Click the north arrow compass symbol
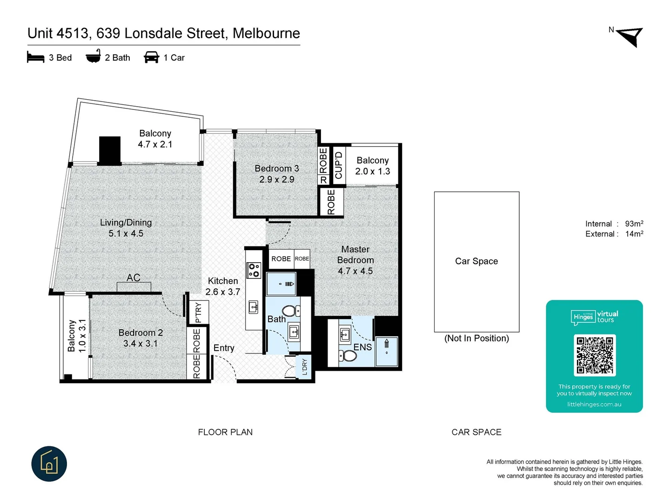630,36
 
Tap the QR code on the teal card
595,355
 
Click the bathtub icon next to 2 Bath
93,56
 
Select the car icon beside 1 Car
152,57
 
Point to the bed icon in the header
36,57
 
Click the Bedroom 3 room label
277,169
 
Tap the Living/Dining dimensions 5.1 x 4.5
126,233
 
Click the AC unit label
134,278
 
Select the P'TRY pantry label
199,312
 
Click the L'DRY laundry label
305,367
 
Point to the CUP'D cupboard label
339,165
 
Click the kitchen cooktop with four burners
254,270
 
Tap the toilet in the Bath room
291,311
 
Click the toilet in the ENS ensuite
348,356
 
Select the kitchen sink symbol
254,306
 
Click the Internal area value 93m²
634,224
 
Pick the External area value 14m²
634,234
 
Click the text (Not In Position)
476,339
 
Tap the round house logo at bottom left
49,464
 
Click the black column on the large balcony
110,150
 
